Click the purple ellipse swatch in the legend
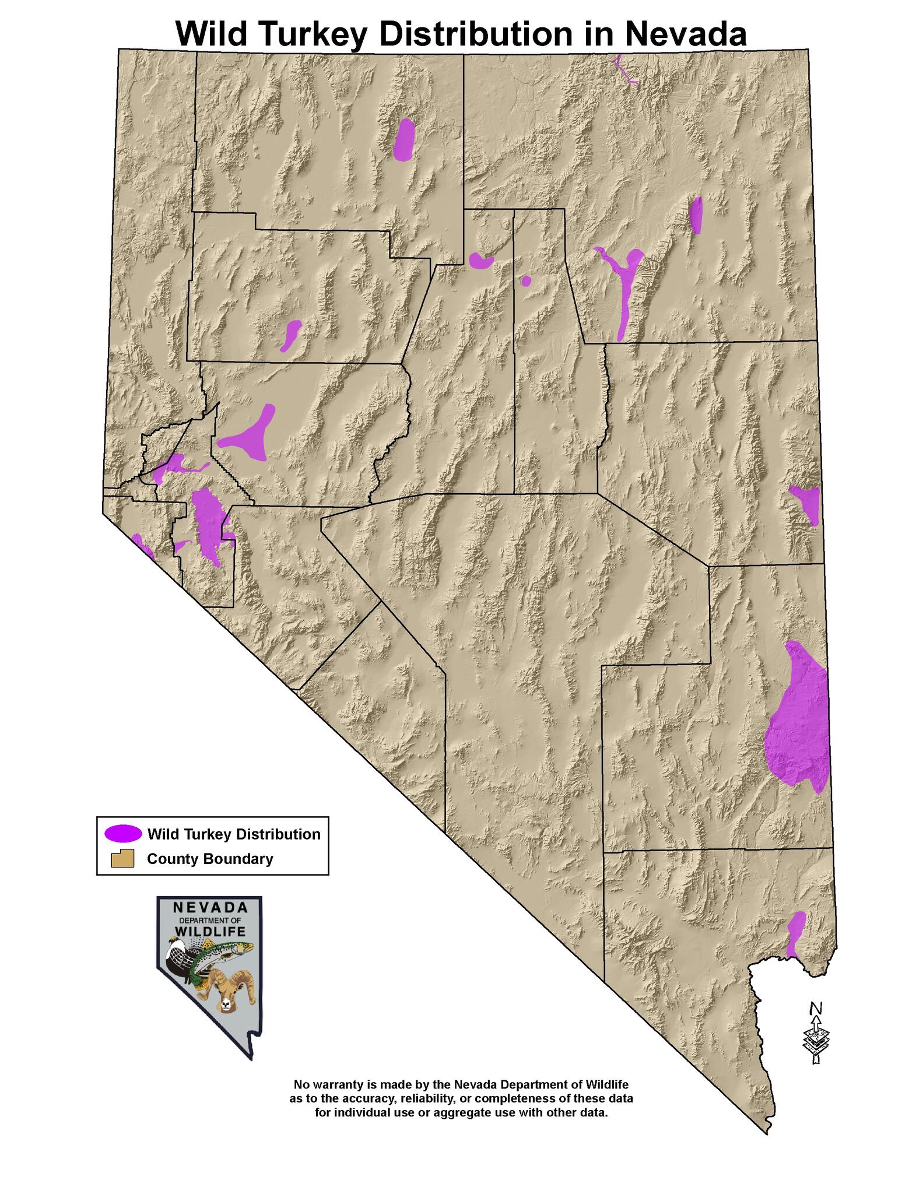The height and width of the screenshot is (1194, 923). [x=123, y=834]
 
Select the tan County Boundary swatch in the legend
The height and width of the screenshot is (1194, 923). [x=123, y=859]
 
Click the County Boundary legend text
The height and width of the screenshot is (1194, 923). [x=210, y=859]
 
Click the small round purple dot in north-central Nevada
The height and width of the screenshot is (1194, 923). [x=526, y=281]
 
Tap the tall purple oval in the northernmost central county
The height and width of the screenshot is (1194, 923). [x=403, y=140]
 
